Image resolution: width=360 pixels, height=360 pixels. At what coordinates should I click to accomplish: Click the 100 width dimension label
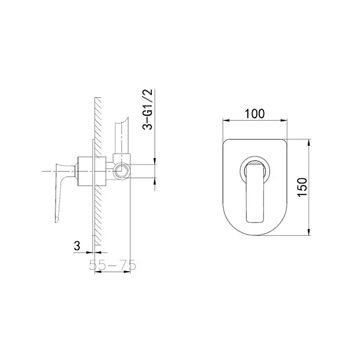pos(254,113)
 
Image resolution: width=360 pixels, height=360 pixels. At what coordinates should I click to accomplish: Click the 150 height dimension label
pos(302,187)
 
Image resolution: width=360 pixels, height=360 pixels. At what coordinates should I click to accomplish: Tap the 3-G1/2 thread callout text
pos(148,110)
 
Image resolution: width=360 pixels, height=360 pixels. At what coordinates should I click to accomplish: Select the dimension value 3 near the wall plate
pos(77,246)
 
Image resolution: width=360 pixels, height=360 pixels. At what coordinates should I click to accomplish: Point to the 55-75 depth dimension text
pos(113,265)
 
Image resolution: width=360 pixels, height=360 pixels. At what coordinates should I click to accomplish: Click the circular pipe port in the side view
pos(121,171)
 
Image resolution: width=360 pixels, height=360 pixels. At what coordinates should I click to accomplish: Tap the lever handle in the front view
pos(254,192)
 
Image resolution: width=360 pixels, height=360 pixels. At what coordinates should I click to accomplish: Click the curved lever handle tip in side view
pos(58,218)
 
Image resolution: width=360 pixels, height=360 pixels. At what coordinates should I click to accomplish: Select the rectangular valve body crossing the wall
pos(92,171)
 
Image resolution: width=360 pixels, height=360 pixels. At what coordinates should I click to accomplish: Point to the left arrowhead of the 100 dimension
pos(226,120)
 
